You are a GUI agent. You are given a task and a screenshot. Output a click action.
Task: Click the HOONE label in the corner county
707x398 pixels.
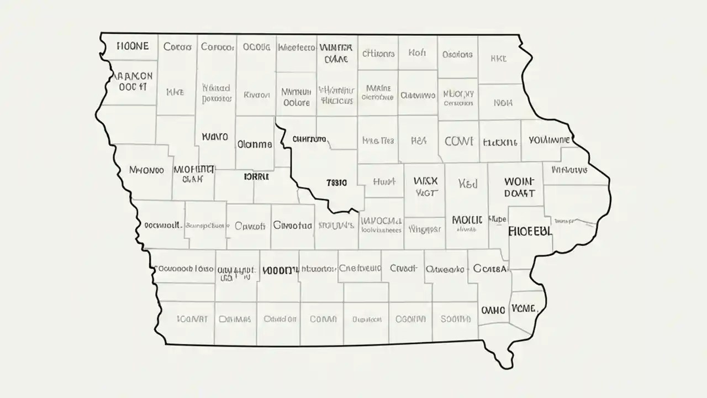tap(133, 46)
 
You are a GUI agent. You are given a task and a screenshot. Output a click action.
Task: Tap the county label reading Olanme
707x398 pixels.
tap(255, 144)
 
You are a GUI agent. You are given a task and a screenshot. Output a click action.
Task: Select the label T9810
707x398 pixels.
tap(337, 182)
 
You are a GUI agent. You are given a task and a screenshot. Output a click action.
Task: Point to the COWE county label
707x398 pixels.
tap(458, 141)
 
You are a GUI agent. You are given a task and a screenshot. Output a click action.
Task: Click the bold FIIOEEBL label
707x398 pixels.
tap(530, 231)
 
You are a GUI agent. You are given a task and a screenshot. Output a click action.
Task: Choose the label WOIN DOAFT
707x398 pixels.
tap(520, 187)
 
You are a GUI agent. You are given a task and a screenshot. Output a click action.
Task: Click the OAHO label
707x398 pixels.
tap(493, 310)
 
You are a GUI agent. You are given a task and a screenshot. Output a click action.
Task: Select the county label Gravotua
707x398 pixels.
tap(293, 226)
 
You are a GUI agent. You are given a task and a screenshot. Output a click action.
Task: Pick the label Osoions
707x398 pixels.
tap(457, 55)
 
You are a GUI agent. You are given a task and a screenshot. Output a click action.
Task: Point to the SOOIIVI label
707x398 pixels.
tap(456, 319)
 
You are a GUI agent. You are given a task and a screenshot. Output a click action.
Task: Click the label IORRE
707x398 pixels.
tap(256, 177)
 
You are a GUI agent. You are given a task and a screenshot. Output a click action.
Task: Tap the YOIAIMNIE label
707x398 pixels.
tap(549, 140)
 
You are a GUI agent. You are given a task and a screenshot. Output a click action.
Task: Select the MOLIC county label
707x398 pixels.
tap(467, 220)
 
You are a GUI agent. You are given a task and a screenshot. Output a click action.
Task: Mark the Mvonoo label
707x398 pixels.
tap(146, 170)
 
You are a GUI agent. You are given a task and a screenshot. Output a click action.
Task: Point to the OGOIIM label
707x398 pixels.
tap(410, 319)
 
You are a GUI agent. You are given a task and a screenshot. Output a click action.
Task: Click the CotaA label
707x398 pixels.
tap(490, 269)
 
